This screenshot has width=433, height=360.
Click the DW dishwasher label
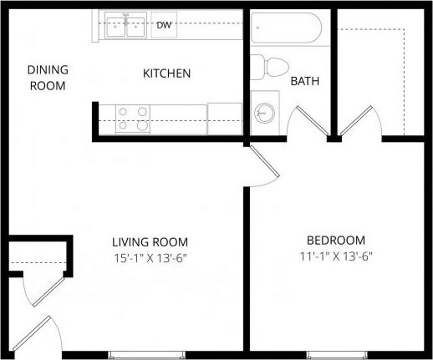[164, 25]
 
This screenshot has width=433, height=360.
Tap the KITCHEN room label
[167, 74]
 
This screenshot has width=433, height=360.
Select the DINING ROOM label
[48, 78]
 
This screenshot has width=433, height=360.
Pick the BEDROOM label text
[336, 239]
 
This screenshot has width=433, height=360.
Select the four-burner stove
[133, 118]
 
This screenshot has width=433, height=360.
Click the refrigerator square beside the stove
[224, 117]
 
